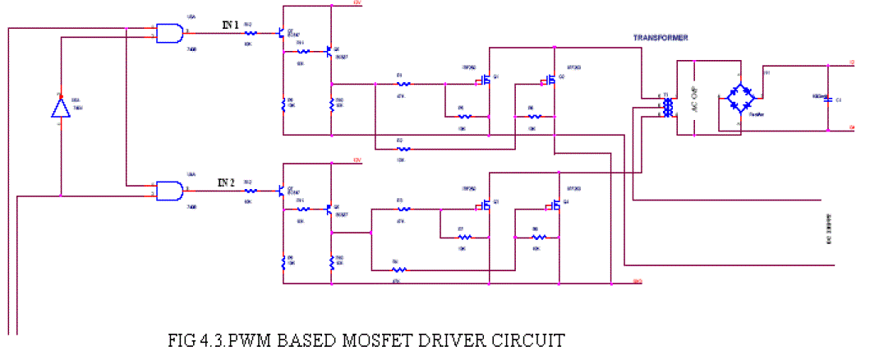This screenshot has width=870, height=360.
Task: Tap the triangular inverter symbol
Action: coord(59,107)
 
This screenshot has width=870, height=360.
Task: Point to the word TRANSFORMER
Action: coord(660,39)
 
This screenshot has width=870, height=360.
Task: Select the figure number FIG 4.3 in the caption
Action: coord(196,339)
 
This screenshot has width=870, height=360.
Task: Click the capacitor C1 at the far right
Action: coord(828,99)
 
